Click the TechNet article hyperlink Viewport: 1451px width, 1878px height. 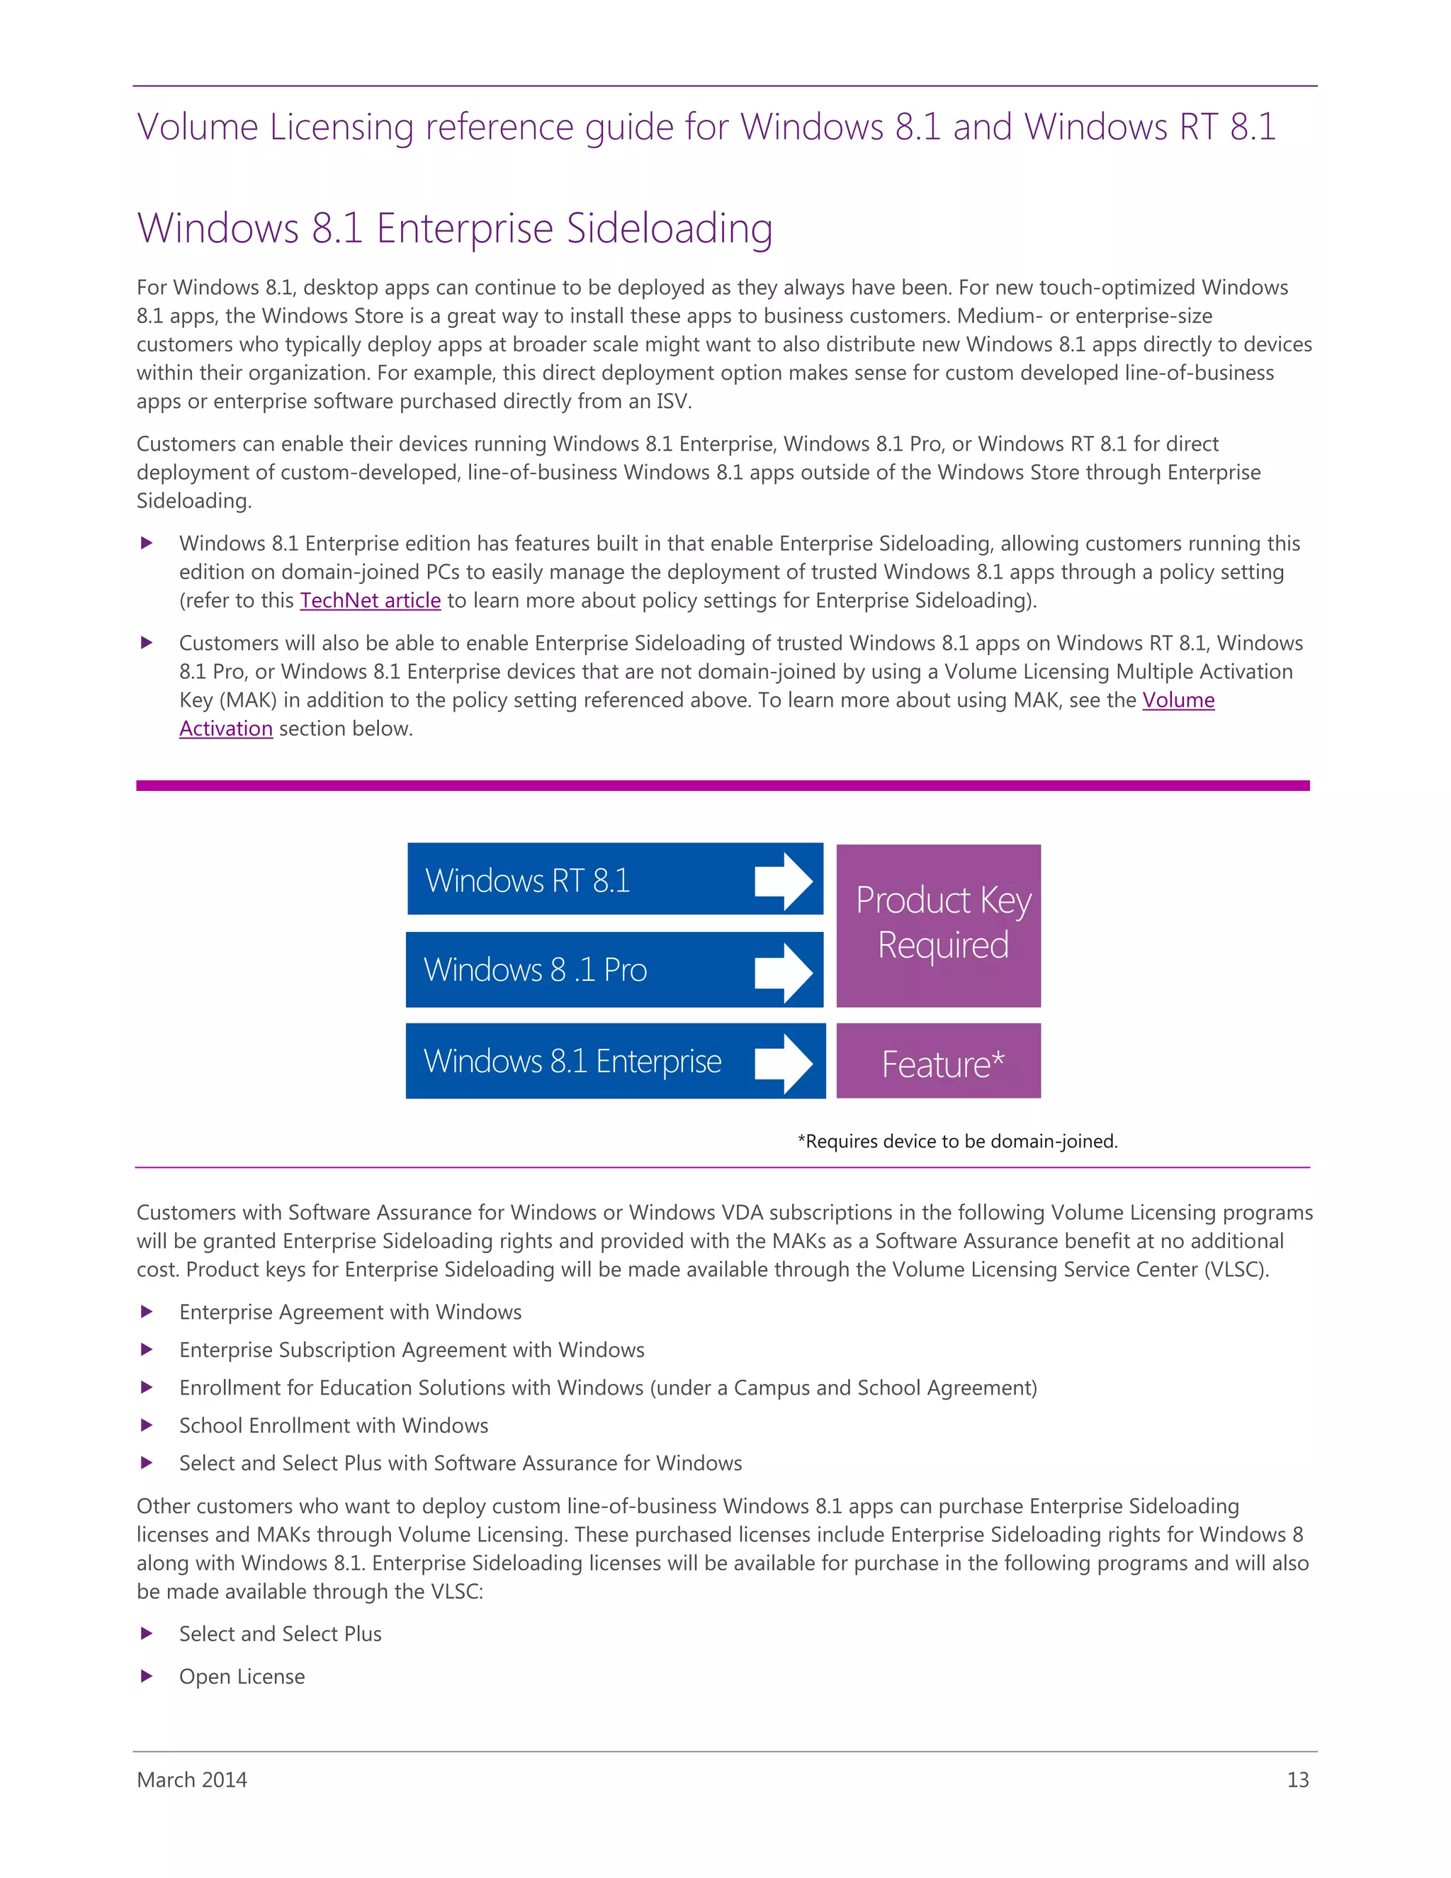370,600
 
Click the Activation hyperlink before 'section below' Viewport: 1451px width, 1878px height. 225,729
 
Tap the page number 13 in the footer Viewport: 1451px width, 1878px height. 1297,1780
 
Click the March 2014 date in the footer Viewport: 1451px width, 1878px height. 192,1780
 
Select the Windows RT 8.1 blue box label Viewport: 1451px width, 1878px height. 527,880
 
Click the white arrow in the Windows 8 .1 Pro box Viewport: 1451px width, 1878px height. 783,972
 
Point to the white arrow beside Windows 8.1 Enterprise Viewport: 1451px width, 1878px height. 783,1063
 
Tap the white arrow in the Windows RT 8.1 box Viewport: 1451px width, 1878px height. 783,882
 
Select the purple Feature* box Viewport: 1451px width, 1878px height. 939,1063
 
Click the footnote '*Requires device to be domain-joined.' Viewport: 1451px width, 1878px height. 958,1141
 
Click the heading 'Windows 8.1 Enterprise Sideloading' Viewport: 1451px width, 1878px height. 455,229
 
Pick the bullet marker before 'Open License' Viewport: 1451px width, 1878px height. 147,1676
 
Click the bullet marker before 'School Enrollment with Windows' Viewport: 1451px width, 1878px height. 147,1425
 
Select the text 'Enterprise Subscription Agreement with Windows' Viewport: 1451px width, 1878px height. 412,1350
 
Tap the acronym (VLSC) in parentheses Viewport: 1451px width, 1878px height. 1236,1269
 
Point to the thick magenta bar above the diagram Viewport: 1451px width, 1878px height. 722,785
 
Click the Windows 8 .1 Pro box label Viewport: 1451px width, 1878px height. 535,970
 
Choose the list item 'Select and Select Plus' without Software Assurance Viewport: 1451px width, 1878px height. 281,1634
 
